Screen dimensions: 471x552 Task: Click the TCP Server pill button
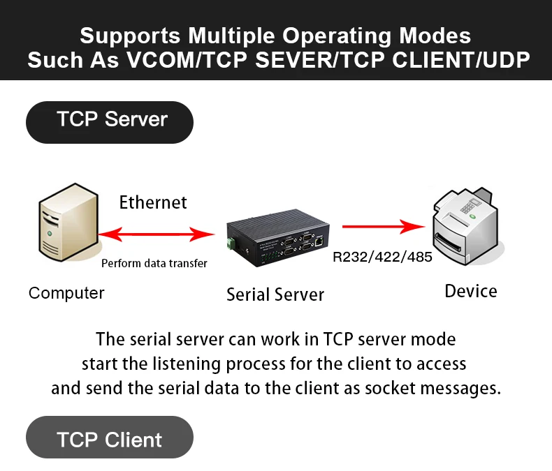[x=110, y=119]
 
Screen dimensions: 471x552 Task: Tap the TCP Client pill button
[x=110, y=440]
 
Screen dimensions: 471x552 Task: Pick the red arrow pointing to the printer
[x=384, y=226]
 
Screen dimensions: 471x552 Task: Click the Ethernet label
[x=153, y=202]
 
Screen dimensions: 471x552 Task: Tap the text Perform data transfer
[x=154, y=263]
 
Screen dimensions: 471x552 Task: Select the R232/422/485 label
[x=382, y=257]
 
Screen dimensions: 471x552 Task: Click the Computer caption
[x=66, y=293]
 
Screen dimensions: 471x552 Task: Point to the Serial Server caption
[x=275, y=294]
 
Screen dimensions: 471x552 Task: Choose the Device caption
[x=471, y=291]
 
